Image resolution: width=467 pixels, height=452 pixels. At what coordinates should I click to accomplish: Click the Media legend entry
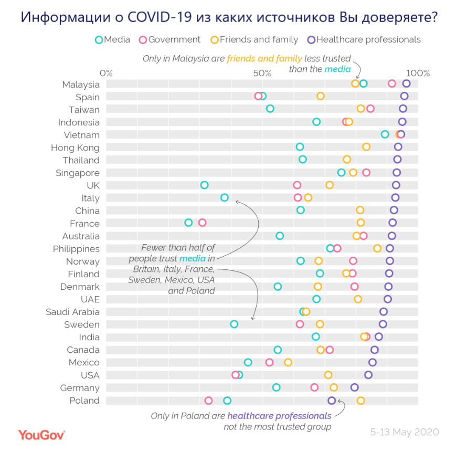[112, 39]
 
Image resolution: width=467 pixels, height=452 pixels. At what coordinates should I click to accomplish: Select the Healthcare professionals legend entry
[364, 39]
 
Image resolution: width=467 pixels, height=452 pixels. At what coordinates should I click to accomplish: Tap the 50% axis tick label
[263, 73]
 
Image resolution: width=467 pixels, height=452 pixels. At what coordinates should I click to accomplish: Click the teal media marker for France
[188, 223]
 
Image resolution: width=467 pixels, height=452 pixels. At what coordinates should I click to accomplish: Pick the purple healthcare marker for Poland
[332, 401]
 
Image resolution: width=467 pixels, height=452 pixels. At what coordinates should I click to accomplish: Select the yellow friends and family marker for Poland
[360, 401]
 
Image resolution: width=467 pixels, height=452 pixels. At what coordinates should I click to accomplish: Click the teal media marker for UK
[204, 185]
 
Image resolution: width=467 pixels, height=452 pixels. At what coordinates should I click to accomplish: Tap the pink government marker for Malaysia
[391, 83]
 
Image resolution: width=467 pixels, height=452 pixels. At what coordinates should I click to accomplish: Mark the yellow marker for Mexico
[288, 362]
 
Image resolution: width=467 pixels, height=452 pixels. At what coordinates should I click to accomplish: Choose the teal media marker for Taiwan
[270, 109]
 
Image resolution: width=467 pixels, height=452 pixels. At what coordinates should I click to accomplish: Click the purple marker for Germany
[354, 387]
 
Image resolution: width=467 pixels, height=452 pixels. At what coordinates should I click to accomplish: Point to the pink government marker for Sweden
[300, 324]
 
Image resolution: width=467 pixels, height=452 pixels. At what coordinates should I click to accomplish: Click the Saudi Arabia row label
[72, 312]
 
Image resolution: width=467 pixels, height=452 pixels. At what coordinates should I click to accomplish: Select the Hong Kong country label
[75, 148]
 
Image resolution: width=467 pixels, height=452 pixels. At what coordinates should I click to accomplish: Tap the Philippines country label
[76, 249]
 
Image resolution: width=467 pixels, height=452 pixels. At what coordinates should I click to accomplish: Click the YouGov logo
[41, 435]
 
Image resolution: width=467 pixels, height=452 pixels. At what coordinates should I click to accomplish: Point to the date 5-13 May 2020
[404, 433]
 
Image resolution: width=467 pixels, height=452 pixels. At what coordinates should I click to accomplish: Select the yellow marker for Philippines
[377, 248]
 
